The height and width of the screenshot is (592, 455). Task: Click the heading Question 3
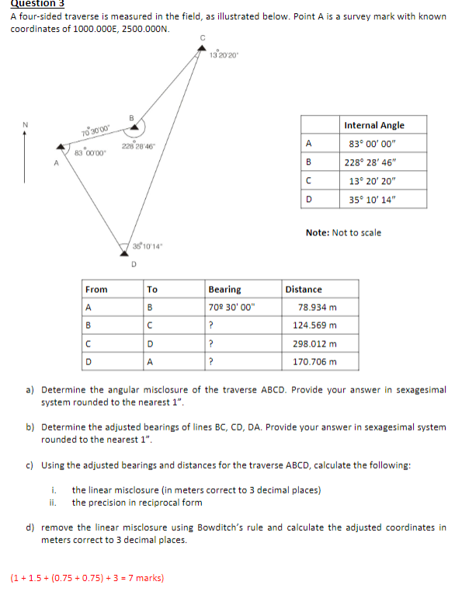point(36,4)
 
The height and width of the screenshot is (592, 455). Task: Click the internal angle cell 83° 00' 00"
point(373,143)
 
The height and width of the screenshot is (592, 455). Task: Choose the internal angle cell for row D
point(373,199)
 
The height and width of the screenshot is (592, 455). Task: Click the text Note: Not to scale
point(344,232)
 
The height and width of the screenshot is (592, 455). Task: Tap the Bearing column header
point(225,289)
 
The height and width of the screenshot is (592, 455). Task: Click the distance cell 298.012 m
point(314,343)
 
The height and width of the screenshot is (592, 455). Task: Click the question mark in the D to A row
point(210,361)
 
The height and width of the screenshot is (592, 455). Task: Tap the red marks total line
point(86,578)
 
